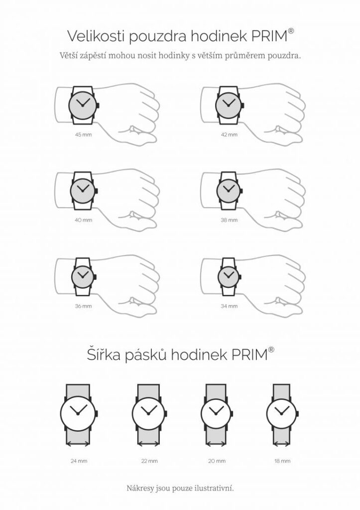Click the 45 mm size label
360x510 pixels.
pyautogui.click(x=83, y=134)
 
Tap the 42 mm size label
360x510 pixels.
pyautogui.click(x=229, y=134)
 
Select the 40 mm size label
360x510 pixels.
pyautogui.click(x=83, y=220)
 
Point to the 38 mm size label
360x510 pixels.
pyautogui.click(x=229, y=220)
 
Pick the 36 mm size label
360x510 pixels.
pyautogui.click(x=83, y=306)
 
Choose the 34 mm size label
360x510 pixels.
pyautogui.click(x=229, y=306)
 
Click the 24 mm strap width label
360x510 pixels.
pyautogui.click(x=79, y=461)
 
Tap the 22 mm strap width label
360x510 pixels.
pyautogui.click(x=149, y=461)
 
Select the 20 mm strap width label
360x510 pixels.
pyautogui.click(x=217, y=461)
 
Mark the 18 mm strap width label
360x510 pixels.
pyautogui.click(x=282, y=461)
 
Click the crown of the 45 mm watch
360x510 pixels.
pyautogui.click(x=98, y=106)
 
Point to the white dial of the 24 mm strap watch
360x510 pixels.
pyautogui.click(x=78, y=413)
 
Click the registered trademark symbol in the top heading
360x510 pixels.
pyautogui.click(x=291, y=31)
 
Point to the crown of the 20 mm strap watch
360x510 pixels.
pyautogui.click(x=232, y=413)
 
